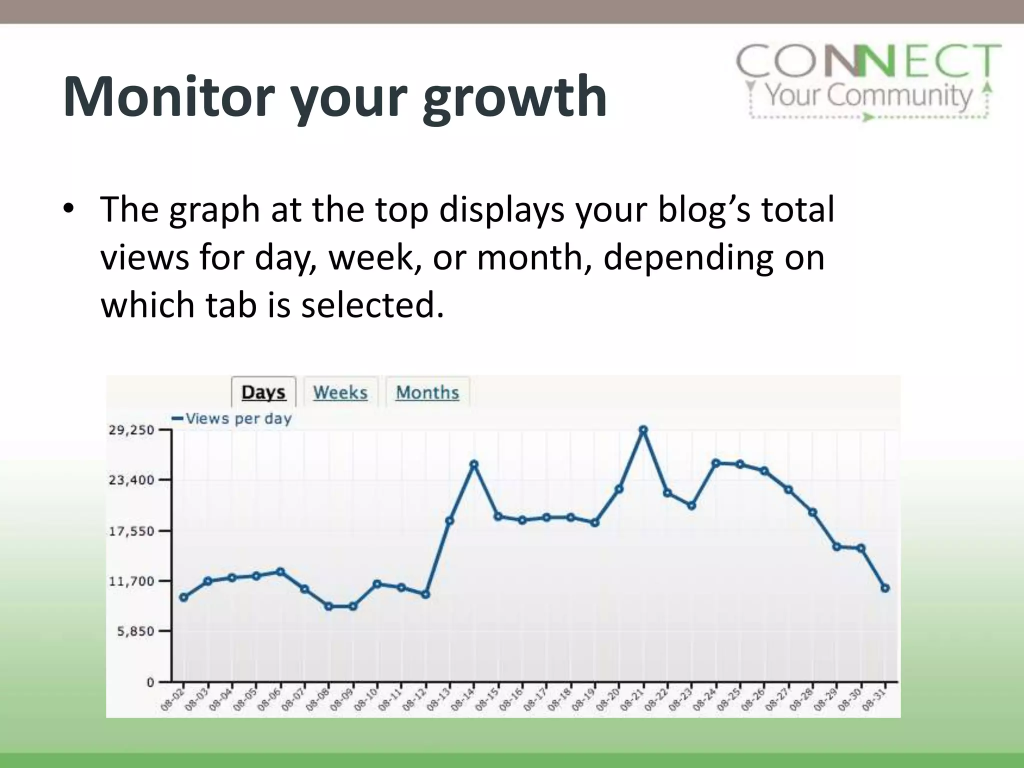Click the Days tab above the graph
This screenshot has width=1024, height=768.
[x=263, y=392]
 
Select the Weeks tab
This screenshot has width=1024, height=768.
[x=340, y=392]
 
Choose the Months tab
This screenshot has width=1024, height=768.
[x=427, y=392]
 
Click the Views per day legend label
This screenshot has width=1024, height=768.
[x=238, y=418]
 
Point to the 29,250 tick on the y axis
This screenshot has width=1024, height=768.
[x=131, y=430]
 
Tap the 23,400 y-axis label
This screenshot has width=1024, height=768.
[x=131, y=480]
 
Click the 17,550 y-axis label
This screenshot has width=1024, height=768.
[x=131, y=531]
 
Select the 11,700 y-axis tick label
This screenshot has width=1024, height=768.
[x=131, y=581]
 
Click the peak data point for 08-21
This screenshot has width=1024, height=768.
[x=643, y=430]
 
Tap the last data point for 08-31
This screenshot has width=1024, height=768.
[x=885, y=588]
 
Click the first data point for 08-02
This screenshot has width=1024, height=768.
[x=183, y=597]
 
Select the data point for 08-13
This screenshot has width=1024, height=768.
[x=449, y=520]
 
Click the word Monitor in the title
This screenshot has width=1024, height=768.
[x=169, y=96]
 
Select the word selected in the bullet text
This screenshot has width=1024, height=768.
[x=372, y=305]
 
